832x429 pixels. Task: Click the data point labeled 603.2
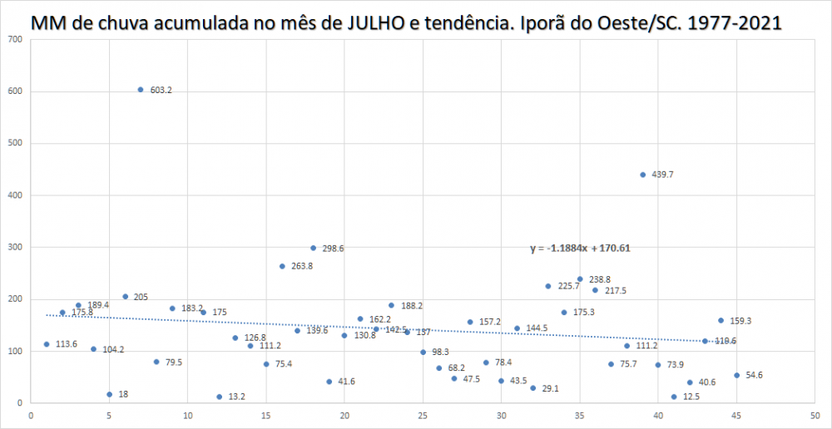(x=141, y=90)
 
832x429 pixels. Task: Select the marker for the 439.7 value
(x=642, y=175)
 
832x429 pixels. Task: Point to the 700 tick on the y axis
(x=15, y=40)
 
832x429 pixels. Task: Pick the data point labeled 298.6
(x=313, y=248)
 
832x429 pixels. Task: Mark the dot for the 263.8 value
(x=282, y=266)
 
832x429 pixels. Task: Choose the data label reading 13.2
(x=236, y=397)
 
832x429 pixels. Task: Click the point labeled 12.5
(x=674, y=397)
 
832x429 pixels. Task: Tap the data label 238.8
(x=600, y=280)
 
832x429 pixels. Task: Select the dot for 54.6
(x=736, y=375)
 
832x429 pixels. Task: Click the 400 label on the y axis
(x=15, y=195)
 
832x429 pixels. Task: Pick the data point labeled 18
(x=109, y=394)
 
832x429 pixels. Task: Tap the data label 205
(x=140, y=297)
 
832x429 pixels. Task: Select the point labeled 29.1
(x=532, y=388)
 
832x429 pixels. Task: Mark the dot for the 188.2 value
(x=391, y=305)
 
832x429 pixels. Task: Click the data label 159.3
(x=740, y=321)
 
